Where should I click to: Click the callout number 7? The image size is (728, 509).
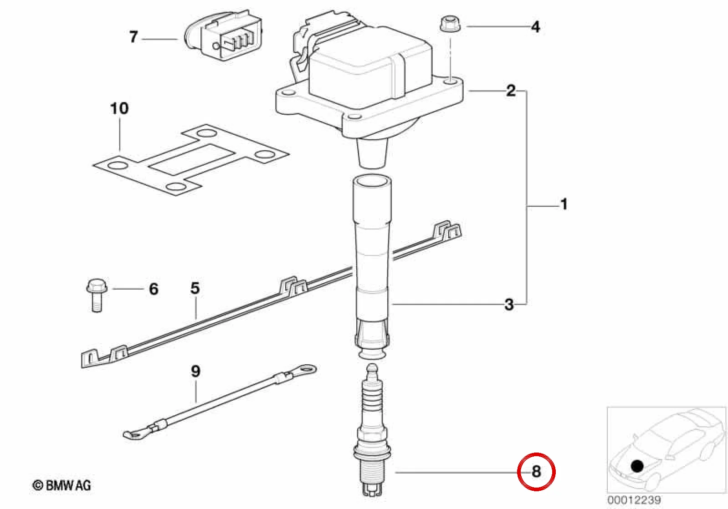pyautogui.click(x=133, y=37)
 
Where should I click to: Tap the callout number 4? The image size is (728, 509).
pyautogui.click(x=535, y=27)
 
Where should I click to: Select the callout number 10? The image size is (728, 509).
pyautogui.click(x=119, y=108)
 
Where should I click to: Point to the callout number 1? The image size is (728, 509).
pyautogui.click(x=564, y=204)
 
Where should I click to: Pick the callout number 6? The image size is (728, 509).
pyautogui.click(x=154, y=289)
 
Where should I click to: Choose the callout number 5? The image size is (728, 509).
pyautogui.click(x=195, y=288)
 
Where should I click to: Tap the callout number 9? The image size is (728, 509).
pyautogui.click(x=195, y=371)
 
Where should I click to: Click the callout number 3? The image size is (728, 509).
pyautogui.click(x=509, y=305)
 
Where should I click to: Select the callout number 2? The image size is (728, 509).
pyautogui.click(x=511, y=90)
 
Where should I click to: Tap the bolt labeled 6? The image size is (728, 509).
pyautogui.click(x=97, y=295)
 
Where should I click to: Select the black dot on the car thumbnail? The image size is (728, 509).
pyautogui.click(x=637, y=466)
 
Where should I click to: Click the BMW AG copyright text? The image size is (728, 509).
pyautogui.click(x=62, y=486)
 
